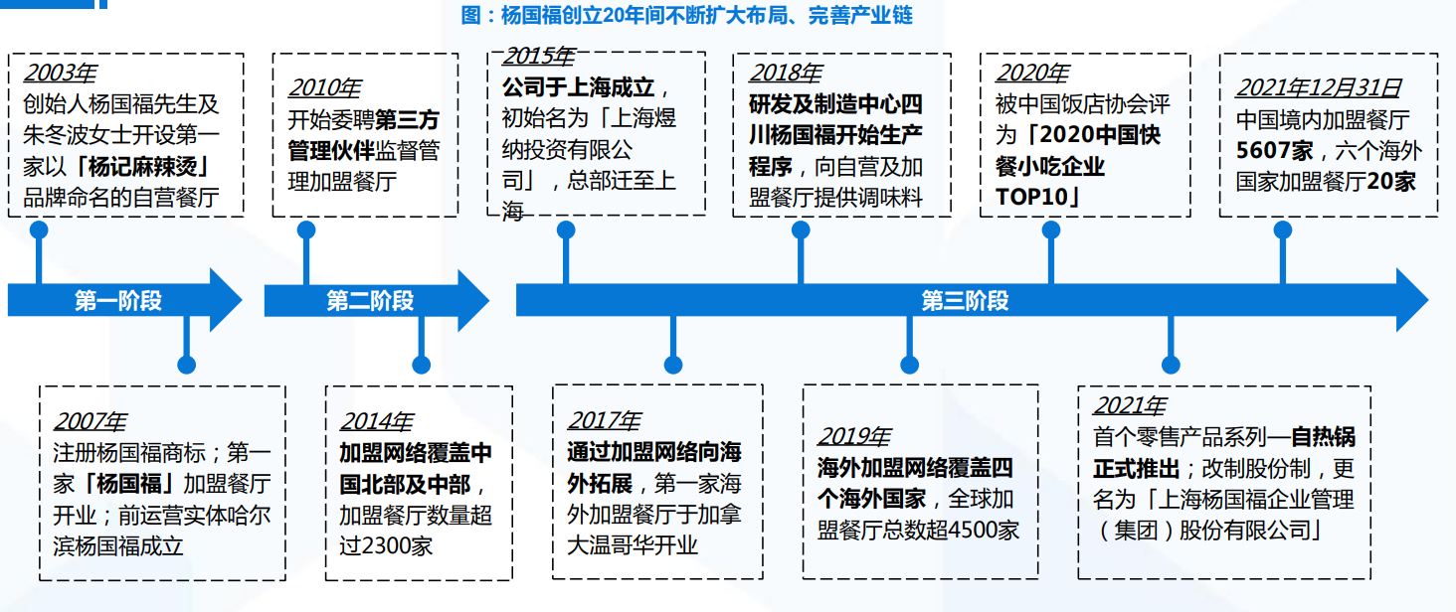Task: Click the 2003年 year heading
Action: pos(60,73)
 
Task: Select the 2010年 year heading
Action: pos(324,87)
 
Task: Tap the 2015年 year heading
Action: pos(539,57)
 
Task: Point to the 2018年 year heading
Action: pos(786,73)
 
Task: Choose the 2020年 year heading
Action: pos(1031,73)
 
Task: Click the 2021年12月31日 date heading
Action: pos(1318,87)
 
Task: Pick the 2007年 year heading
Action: pos(90,422)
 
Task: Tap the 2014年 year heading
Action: pos(376,422)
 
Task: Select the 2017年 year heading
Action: pos(604,421)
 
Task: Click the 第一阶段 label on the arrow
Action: pos(117,300)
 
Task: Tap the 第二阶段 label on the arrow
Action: pos(370,300)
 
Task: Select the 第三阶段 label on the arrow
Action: pos(965,300)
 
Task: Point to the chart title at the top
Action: pos(686,15)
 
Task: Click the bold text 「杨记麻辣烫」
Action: pos(142,167)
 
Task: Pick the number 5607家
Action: pos(1274,151)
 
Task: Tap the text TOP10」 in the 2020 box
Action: pos(1037,197)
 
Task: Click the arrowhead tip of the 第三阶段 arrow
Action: pos(1429,300)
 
